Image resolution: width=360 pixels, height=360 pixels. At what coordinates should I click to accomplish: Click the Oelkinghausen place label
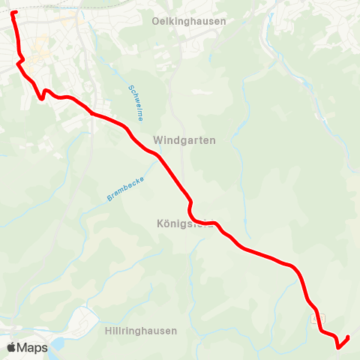click(x=188, y=21)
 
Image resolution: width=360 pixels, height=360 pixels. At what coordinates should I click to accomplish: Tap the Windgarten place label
click(x=184, y=140)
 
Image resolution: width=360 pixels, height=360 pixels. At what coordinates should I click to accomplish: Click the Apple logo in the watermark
click(x=11, y=347)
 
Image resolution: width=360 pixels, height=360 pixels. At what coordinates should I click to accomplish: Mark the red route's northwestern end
click(x=13, y=12)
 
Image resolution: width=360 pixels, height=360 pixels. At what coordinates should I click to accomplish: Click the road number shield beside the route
click(x=313, y=319)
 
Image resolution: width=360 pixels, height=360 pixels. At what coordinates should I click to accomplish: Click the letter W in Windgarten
click(x=157, y=140)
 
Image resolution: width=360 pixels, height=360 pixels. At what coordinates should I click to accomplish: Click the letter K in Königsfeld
click(x=160, y=223)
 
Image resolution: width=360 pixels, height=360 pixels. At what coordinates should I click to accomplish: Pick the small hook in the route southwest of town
click(x=43, y=94)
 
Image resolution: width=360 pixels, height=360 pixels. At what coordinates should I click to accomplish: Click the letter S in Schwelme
click(x=130, y=86)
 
